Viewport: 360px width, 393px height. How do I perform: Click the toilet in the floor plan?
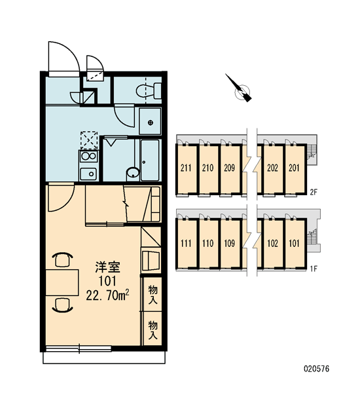(x=149, y=91)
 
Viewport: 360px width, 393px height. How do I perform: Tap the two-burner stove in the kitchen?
(x=88, y=156)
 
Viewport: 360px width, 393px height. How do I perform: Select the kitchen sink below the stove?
(x=88, y=174)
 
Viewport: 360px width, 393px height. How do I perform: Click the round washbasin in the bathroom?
(x=133, y=173)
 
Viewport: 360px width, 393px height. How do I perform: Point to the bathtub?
(x=150, y=160)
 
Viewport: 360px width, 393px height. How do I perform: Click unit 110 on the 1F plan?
(x=207, y=243)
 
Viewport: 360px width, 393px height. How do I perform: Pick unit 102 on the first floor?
(x=272, y=243)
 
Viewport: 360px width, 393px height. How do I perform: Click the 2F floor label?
(x=314, y=192)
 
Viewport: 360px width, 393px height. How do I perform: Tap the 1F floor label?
(x=314, y=269)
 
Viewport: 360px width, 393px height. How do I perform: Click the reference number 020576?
(x=317, y=369)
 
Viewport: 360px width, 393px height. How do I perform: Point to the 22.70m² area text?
(x=108, y=295)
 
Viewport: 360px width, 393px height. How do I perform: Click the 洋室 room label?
(x=108, y=267)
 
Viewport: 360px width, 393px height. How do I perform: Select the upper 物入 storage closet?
(x=153, y=295)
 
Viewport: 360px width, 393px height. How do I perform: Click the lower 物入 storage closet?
(x=153, y=329)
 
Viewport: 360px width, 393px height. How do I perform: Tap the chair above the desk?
(x=62, y=259)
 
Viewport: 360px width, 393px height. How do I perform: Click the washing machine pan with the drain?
(x=150, y=122)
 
